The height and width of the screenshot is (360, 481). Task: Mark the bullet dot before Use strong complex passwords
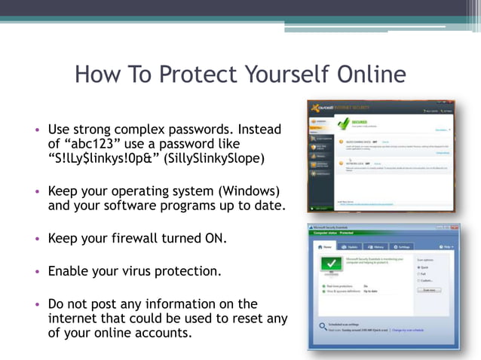click(x=36, y=130)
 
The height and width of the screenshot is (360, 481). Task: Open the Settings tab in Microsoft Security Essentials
click(x=402, y=246)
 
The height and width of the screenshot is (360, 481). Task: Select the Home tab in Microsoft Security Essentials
click(x=325, y=246)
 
